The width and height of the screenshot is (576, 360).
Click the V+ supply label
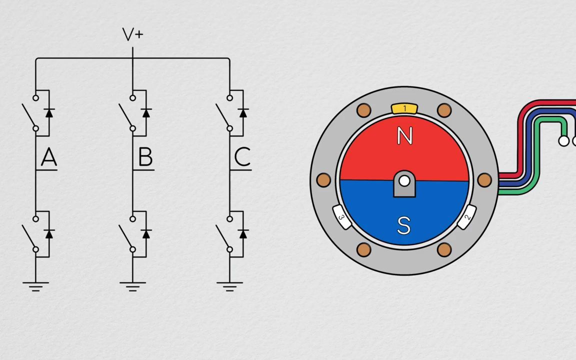coord(132,34)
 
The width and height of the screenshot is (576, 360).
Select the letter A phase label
coord(48,158)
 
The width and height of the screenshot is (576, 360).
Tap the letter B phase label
coord(145,158)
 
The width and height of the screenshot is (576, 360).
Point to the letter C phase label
coord(242,158)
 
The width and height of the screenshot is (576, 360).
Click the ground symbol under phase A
coord(35,286)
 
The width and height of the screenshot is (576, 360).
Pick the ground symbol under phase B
coord(132,286)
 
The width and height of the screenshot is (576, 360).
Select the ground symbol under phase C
coord(229,286)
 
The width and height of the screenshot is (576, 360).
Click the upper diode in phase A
coord(49,113)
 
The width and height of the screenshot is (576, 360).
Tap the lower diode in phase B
coord(146,234)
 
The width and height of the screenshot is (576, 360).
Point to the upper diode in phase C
coord(243,113)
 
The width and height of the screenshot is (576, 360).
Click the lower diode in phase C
coord(243,234)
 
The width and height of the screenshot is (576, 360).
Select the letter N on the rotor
coord(404,136)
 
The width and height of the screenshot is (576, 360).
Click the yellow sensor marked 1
coord(404,108)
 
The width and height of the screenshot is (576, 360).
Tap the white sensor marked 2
coord(466,218)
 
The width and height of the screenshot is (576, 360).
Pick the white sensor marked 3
coord(342,218)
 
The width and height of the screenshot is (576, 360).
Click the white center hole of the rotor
coord(404,180)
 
